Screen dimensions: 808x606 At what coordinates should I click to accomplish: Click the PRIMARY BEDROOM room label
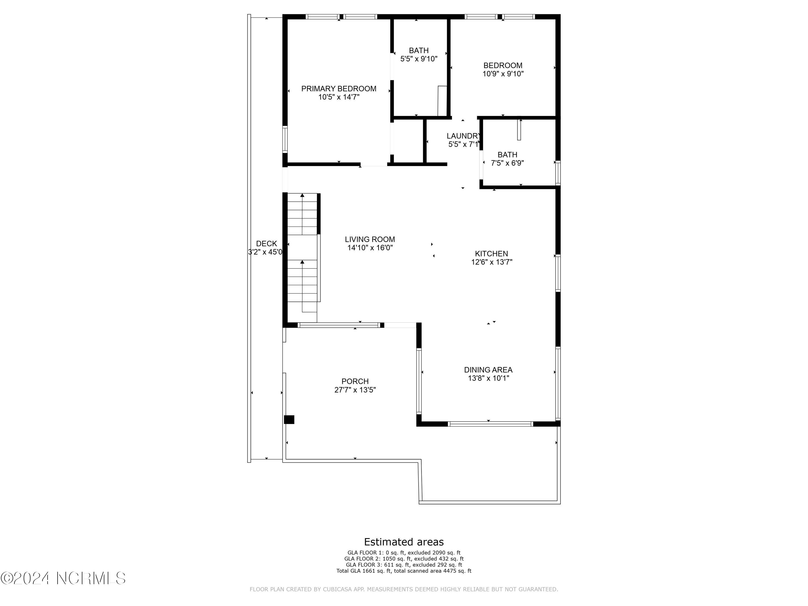(x=339, y=89)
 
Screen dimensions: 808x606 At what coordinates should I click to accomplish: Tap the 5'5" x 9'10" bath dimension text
(x=419, y=59)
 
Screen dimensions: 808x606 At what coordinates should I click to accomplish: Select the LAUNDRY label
(x=463, y=136)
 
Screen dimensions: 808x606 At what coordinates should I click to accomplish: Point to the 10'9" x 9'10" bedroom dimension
(x=503, y=74)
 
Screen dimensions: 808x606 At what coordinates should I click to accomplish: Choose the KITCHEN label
(x=491, y=253)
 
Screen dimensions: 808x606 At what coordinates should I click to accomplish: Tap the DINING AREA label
(x=488, y=370)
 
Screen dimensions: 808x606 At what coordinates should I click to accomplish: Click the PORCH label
(x=355, y=381)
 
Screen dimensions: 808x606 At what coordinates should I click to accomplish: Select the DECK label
(x=266, y=244)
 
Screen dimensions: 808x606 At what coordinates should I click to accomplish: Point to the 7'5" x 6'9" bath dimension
(x=507, y=163)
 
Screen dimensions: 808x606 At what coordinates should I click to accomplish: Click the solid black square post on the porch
(x=289, y=420)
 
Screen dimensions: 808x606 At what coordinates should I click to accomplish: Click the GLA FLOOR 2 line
(x=404, y=559)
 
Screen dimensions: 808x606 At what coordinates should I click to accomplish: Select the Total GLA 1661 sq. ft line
(x=404, y=570)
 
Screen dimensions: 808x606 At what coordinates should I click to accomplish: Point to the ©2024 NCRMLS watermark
(x=63, y=578)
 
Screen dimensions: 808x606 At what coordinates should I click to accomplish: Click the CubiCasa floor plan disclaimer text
(x=404, y=589)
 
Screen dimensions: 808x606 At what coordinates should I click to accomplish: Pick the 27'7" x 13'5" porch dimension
(x=355, y=390)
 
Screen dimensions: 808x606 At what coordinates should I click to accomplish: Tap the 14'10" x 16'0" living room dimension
(x=370, y=248)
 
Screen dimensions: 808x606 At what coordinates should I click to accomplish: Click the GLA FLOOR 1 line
(x=404, y=553)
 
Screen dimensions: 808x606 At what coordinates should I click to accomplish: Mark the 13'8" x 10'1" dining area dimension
(x=488, y=378)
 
